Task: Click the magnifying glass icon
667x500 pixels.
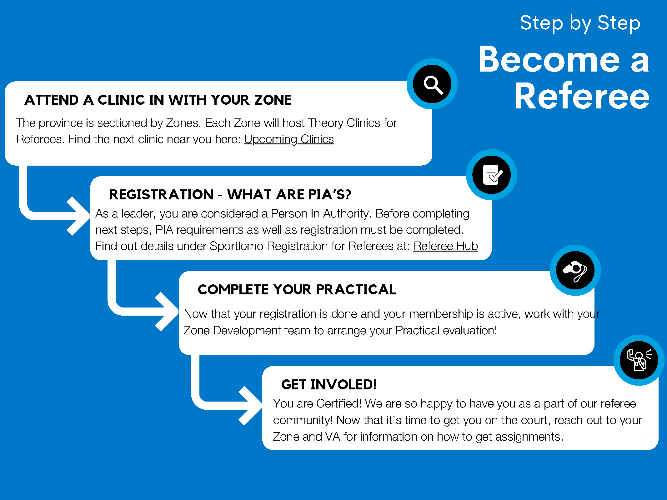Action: [432, 84]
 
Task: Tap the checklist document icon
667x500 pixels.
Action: [492, 175]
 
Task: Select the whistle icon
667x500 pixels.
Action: [575, 270]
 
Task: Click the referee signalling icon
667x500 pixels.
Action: [639, 360]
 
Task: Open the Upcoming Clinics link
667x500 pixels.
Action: [289, 139]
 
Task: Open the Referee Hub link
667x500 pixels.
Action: [445, 246]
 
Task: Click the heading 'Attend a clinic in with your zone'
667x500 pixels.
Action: [158, 100]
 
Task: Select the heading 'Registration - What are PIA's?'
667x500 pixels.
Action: [230, 195]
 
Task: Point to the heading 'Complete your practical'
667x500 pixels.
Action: [297, 290]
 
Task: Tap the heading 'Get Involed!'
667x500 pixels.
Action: [329, 385]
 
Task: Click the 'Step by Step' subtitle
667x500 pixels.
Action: [580, 23]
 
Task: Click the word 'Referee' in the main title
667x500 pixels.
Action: [582, 96]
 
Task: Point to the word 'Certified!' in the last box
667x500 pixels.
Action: [339, 404]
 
